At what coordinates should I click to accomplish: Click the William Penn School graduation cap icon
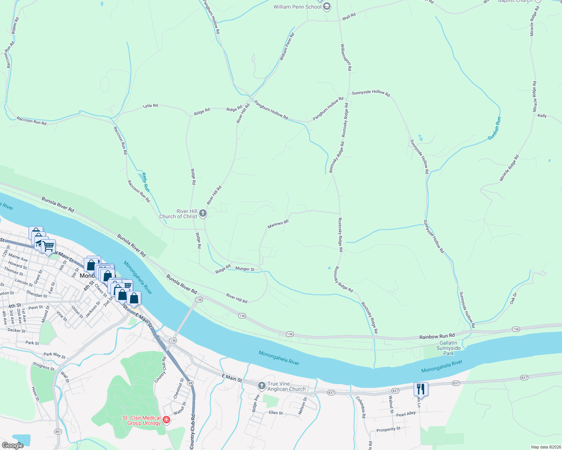click(x=327, y=6)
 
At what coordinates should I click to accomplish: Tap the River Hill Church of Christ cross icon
click(x=202, y=214)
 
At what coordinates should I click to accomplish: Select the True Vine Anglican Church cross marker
click(x=262, y=385)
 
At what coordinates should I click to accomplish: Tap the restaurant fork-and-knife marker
click(x=421, y=389)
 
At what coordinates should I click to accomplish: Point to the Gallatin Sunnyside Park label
click(x=448, y=348)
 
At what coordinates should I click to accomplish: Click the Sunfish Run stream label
click(x=494, y=128)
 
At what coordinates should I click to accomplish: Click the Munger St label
click(x=245, y=269)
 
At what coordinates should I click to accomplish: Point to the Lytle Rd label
click(x=150, y=106)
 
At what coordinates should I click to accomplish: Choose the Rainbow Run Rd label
click(x=437, y=336)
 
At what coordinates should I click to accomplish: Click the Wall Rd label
click(x=349, y=16)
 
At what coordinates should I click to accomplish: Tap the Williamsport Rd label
click(x=346, y=57)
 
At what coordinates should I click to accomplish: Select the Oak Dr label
click(x=514, y=299)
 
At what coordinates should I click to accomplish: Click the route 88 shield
click(x=190, y=383)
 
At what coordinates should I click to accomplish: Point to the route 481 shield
click(x=58, y=432)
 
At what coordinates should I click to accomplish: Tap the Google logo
click(x=12, y=445)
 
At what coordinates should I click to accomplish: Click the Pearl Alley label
click(x=406, y=414)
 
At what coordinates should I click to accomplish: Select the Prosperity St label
click(x=388, y=429)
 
